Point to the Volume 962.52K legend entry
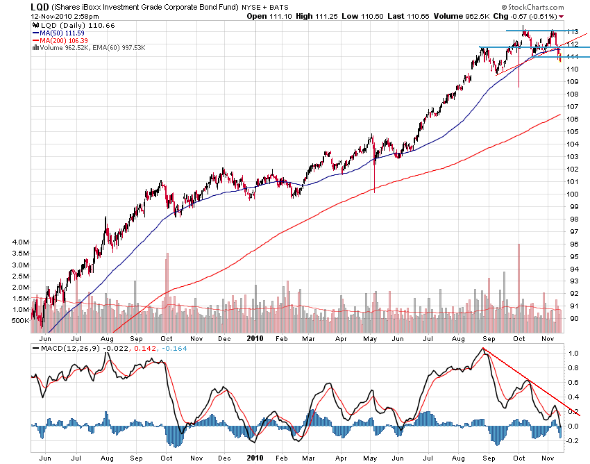coord(69,47)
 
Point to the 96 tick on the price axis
coord(574,245)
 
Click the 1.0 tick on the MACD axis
coord(574,354)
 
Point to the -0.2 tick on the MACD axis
coord(573,442)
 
